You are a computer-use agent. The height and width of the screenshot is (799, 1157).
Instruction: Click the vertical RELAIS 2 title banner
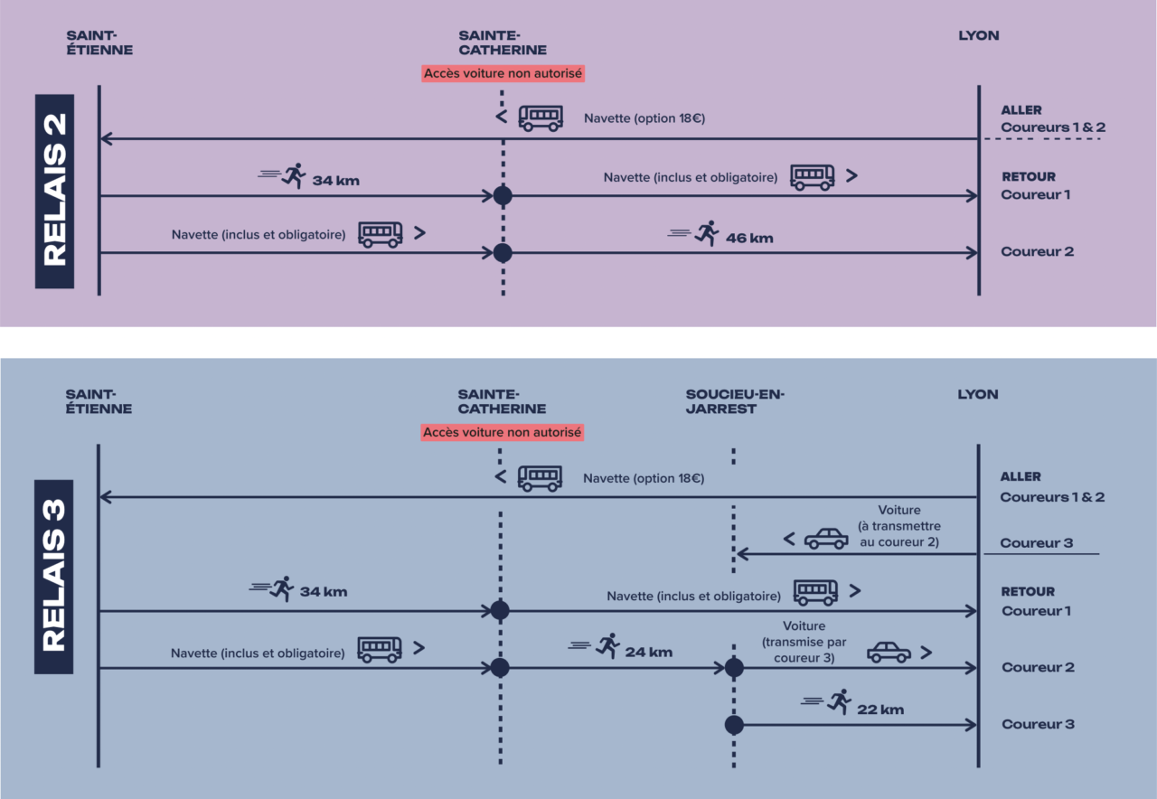pos(55,191)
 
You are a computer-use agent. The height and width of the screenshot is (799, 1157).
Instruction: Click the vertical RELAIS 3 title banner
pos(53,577)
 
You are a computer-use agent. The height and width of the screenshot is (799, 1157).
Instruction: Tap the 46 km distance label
pos(749,239)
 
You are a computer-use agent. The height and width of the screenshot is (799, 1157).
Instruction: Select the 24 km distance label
pos(648,652)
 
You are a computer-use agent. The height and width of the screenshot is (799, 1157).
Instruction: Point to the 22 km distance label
pos(880,710)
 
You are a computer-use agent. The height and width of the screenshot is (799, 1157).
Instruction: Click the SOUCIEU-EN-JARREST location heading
pos(735,401)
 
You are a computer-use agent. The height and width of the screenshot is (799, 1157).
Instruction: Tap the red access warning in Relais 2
pos(503,73)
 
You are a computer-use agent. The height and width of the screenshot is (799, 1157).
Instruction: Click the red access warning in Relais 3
pos(503,433)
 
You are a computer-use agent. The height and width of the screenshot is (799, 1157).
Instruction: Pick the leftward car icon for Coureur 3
pos(826,539)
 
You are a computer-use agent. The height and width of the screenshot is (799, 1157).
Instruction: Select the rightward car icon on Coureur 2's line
pos(889,652)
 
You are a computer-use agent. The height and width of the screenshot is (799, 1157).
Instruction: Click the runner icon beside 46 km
pos(707,233)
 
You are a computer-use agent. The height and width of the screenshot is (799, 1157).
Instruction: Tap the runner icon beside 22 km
pos(840,702)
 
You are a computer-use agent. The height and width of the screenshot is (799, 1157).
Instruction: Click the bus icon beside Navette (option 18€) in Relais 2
pos(541,118)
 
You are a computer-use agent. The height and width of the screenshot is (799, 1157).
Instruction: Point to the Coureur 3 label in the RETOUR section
pos(1038,724)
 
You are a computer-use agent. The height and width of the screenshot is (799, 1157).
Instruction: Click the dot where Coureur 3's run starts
pos(734,725)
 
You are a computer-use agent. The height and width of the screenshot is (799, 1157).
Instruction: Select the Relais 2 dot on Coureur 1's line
pos(503,195)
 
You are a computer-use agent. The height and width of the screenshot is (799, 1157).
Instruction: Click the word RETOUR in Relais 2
pos(1029,177)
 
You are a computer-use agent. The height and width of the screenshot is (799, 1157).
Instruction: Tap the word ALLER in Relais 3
pos(1021,476)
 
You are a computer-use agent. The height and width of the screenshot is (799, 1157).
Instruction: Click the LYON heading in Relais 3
pos(978,394)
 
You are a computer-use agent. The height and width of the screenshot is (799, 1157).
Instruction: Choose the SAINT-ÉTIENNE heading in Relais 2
pos(99,42)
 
